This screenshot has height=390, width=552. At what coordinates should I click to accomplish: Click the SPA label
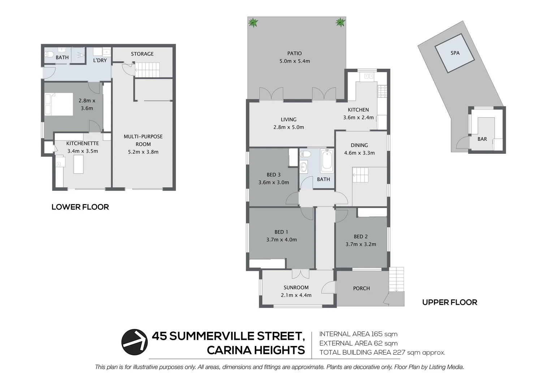coord(455,53)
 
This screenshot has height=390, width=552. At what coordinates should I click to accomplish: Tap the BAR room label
coord(482,139)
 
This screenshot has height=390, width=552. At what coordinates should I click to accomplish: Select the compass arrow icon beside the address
coord(134,342)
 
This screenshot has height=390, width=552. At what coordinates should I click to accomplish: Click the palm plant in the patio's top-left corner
coord(253,23)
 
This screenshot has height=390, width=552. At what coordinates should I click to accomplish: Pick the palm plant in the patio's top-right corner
coord(340,22)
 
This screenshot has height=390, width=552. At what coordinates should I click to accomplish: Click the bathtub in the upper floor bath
coord(327,161)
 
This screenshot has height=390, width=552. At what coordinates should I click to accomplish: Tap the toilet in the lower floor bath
coord(49,55)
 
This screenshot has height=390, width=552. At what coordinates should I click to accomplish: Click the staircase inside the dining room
coord(360,175)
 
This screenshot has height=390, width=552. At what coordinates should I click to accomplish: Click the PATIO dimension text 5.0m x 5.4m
coord(294,61)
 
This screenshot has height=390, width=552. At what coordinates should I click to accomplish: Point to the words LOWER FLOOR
coord(80,207)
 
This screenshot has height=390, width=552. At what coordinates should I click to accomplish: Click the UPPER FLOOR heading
coord(449,302)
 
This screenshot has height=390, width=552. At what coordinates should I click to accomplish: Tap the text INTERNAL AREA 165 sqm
coord(358,334)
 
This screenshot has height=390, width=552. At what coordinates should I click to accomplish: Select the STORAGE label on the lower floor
coord(142,54)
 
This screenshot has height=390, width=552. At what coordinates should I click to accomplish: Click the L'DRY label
coord(100,60)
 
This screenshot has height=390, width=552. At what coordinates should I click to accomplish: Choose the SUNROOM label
coord(296,287)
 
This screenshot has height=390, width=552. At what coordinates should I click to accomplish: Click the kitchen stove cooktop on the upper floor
coord(382,91)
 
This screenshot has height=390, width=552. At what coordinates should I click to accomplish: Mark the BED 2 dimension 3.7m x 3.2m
coord(361,244)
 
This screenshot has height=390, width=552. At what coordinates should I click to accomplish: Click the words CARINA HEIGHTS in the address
coord(256,350)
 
